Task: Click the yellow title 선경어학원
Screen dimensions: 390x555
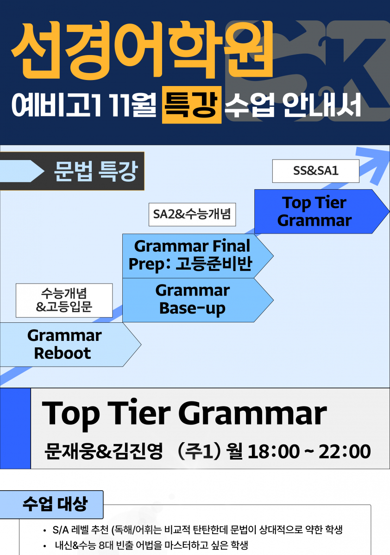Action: (x=142, y=50)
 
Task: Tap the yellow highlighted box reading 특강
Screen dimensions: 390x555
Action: (x=192, y=105)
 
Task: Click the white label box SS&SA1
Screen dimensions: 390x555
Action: (x=315, y=171)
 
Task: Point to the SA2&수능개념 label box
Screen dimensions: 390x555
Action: (x=192, y=214)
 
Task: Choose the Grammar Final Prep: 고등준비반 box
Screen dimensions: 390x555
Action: (x=198, y=256)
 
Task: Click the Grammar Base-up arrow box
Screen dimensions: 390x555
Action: (x=198, y=300)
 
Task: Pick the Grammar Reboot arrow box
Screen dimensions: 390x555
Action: (x=70, y=345)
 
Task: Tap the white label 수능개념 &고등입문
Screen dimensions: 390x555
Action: (x=64, y=300)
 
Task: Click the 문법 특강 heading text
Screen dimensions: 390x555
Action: (x=95, y=171)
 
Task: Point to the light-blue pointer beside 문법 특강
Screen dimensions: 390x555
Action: (x=22, y=171)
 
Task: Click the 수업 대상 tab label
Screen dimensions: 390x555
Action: (x=55, y=504)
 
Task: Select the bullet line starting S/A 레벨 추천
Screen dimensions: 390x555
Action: (x=197, y=530)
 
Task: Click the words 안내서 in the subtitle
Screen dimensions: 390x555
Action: (x=321, y=105)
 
